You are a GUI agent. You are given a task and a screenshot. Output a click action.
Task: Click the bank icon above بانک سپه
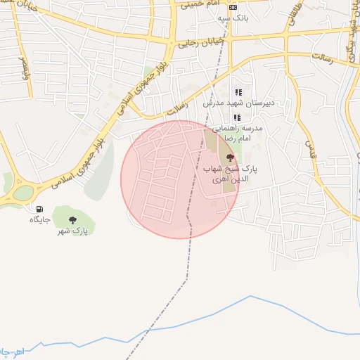pyautogui.click(x=233, y=7)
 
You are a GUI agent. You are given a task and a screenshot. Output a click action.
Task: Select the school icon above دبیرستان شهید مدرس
pyautogui.click(x=238, y=92)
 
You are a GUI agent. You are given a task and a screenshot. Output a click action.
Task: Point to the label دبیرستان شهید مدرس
pyautogui.click(x=237, y=103)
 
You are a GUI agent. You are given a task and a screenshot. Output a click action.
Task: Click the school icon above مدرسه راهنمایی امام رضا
pyautogui.click(x=237, y=117)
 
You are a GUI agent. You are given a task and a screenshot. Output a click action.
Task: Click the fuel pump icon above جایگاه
pyautogui.click(x=39, y=210)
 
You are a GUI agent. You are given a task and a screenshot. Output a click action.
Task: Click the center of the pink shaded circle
pyautogui.click(x=180, y=179)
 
